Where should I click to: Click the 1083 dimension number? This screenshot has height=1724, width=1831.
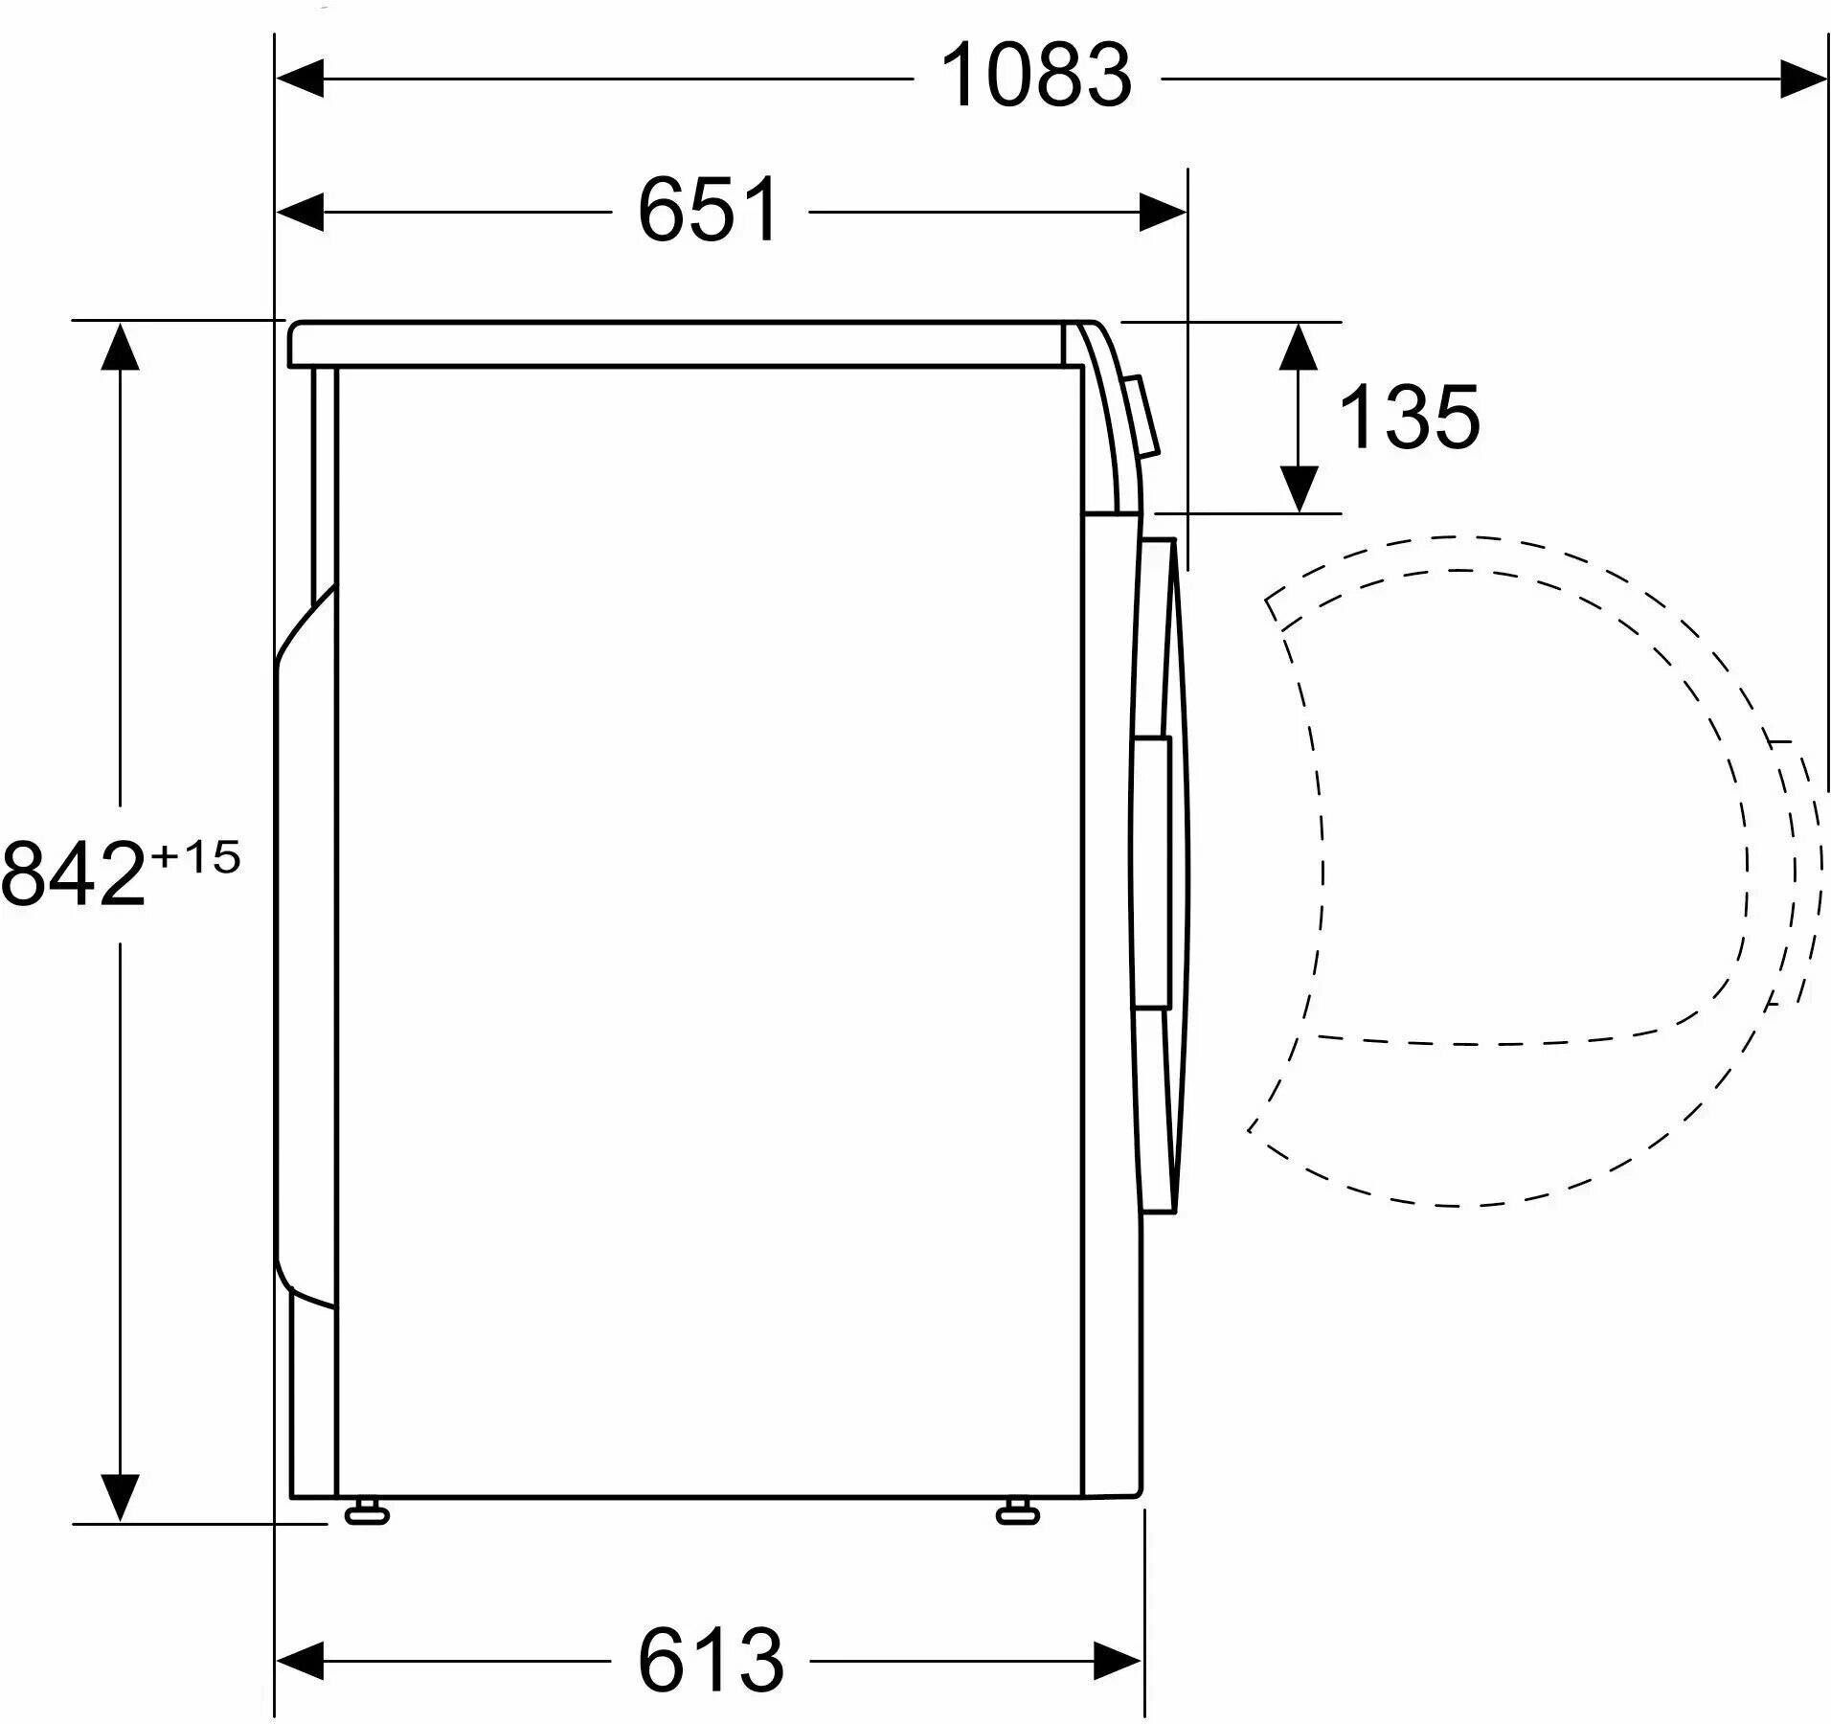(1037, 76)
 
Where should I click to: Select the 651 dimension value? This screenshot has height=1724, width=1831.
(710, 210)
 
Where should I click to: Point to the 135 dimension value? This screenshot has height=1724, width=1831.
(1409, 417)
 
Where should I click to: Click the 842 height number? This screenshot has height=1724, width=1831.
(74, 875)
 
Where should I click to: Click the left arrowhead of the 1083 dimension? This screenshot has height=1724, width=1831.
(300, 79)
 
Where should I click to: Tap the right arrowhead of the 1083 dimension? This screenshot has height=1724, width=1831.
(1803, 79)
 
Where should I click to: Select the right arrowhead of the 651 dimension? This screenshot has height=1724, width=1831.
(1164, 212)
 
